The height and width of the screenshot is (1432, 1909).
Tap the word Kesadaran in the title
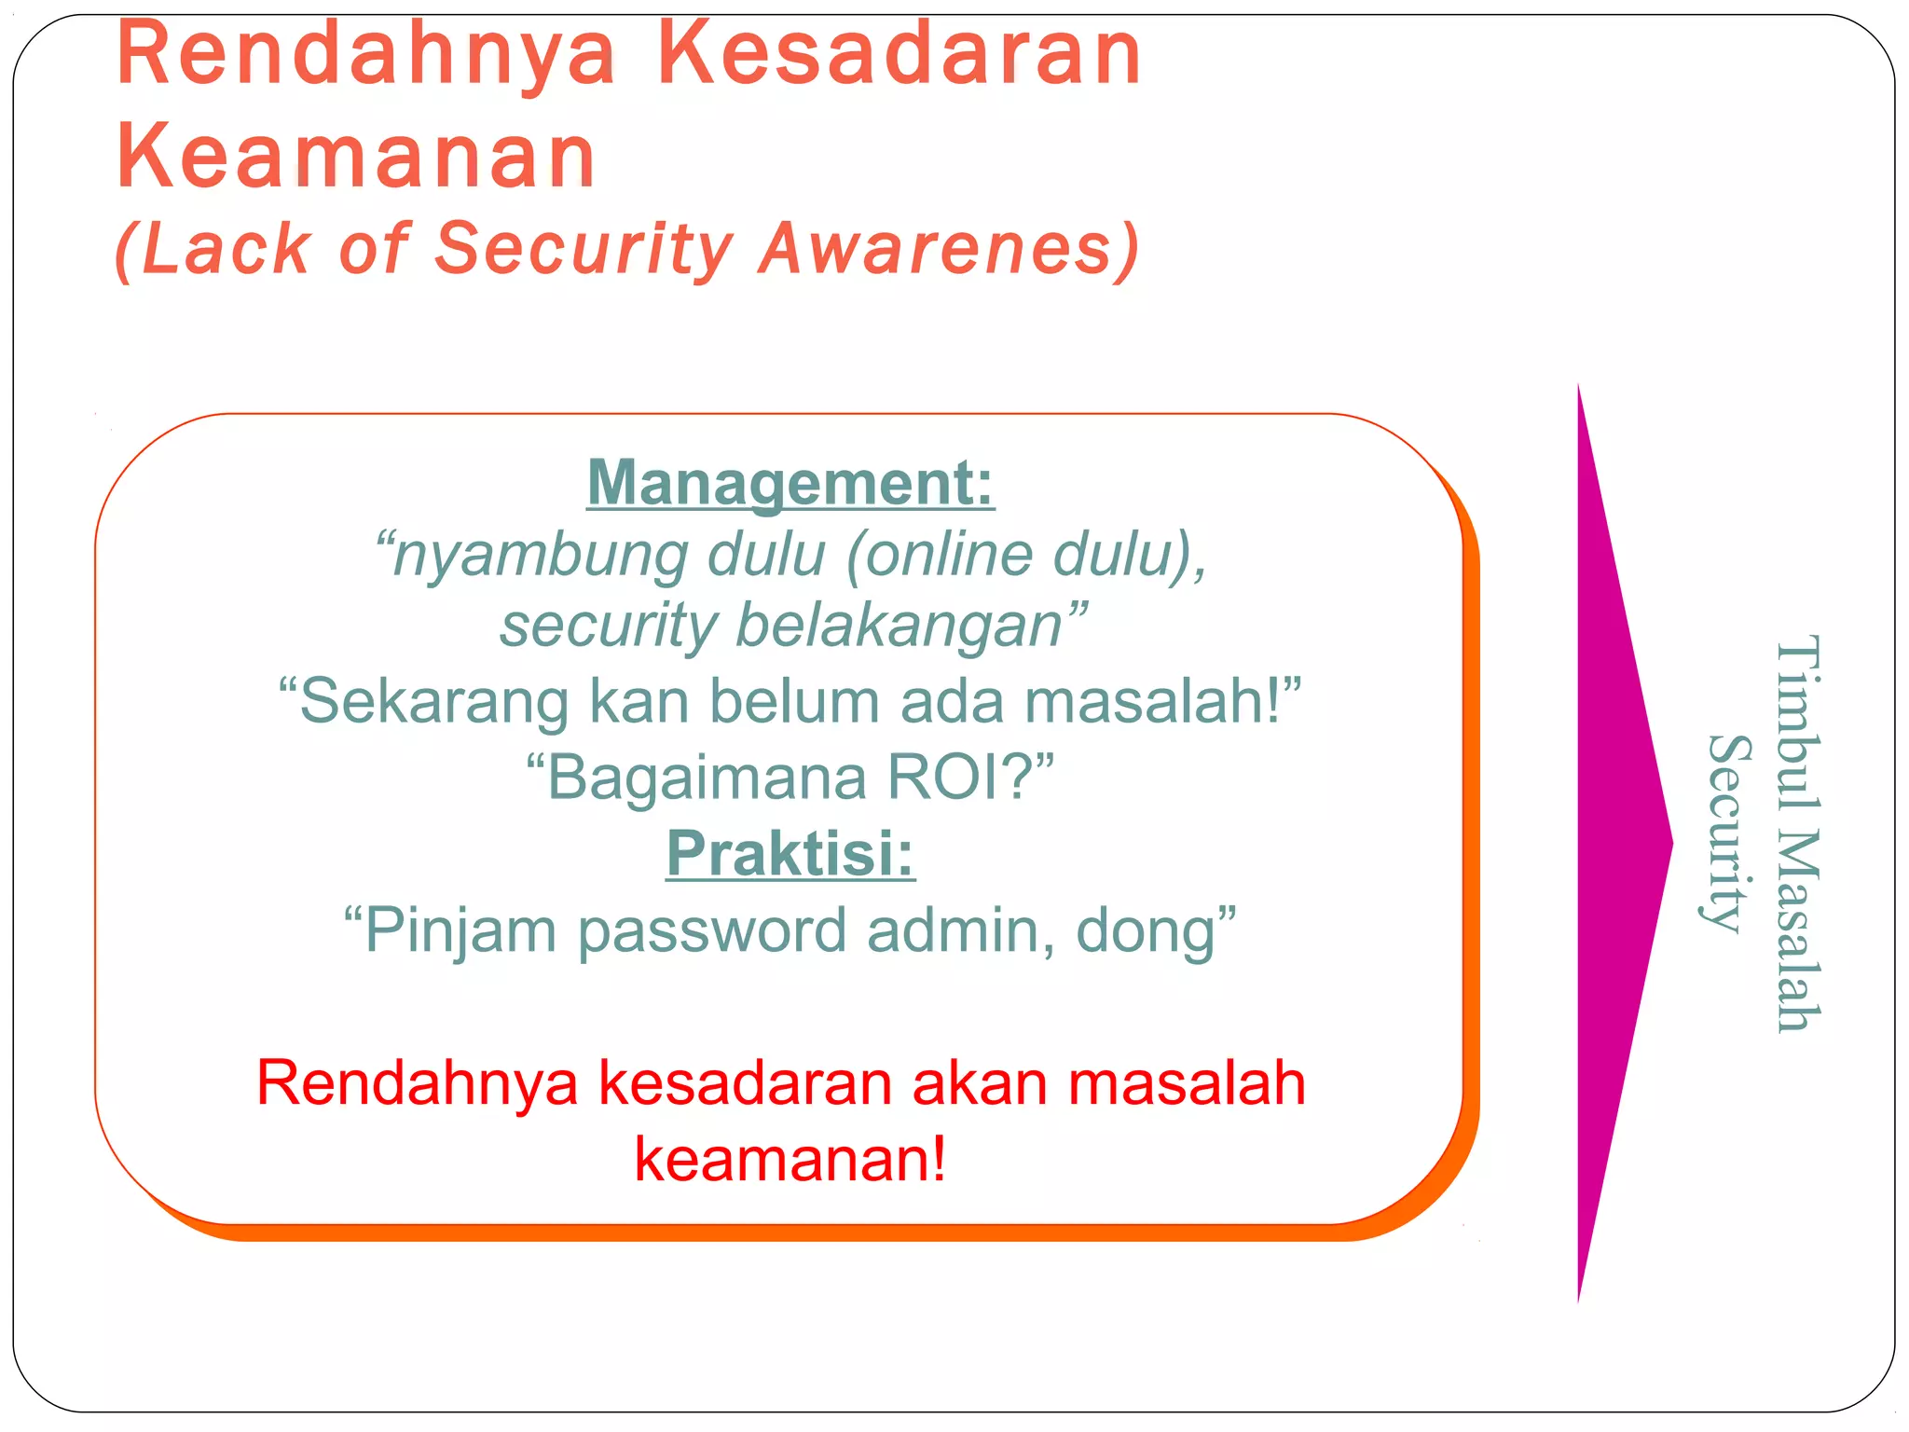900,56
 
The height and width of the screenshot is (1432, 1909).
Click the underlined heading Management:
790,483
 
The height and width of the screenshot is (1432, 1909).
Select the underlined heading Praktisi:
790,854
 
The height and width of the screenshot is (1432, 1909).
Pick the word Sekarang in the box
433,701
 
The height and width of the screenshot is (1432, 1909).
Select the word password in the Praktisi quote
712,931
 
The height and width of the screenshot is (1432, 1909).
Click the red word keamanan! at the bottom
790,1161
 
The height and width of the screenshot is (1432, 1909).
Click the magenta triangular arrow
1617,844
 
